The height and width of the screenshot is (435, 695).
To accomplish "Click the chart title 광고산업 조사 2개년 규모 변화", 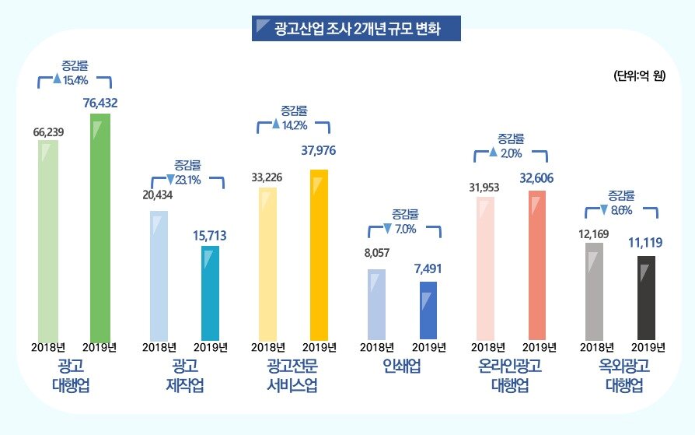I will [x=357, y=30].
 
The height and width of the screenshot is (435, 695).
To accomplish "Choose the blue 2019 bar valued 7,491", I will [x=428, y=310].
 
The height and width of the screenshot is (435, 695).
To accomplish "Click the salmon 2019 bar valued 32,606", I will [x=537, y=265].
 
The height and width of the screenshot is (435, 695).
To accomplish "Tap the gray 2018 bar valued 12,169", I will [x=594, y=292].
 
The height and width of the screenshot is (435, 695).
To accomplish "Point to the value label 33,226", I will [x=267, y=177].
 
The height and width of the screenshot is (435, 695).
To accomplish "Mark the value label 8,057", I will [x=376, y=253].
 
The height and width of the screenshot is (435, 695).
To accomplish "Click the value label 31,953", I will [x=484, y=187].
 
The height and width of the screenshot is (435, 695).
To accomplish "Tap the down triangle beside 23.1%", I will [x=170, y=180].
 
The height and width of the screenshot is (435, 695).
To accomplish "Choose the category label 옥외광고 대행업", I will [x=620, y=375].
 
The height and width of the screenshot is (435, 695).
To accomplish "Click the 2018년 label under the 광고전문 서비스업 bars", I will [x=267, y=347].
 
